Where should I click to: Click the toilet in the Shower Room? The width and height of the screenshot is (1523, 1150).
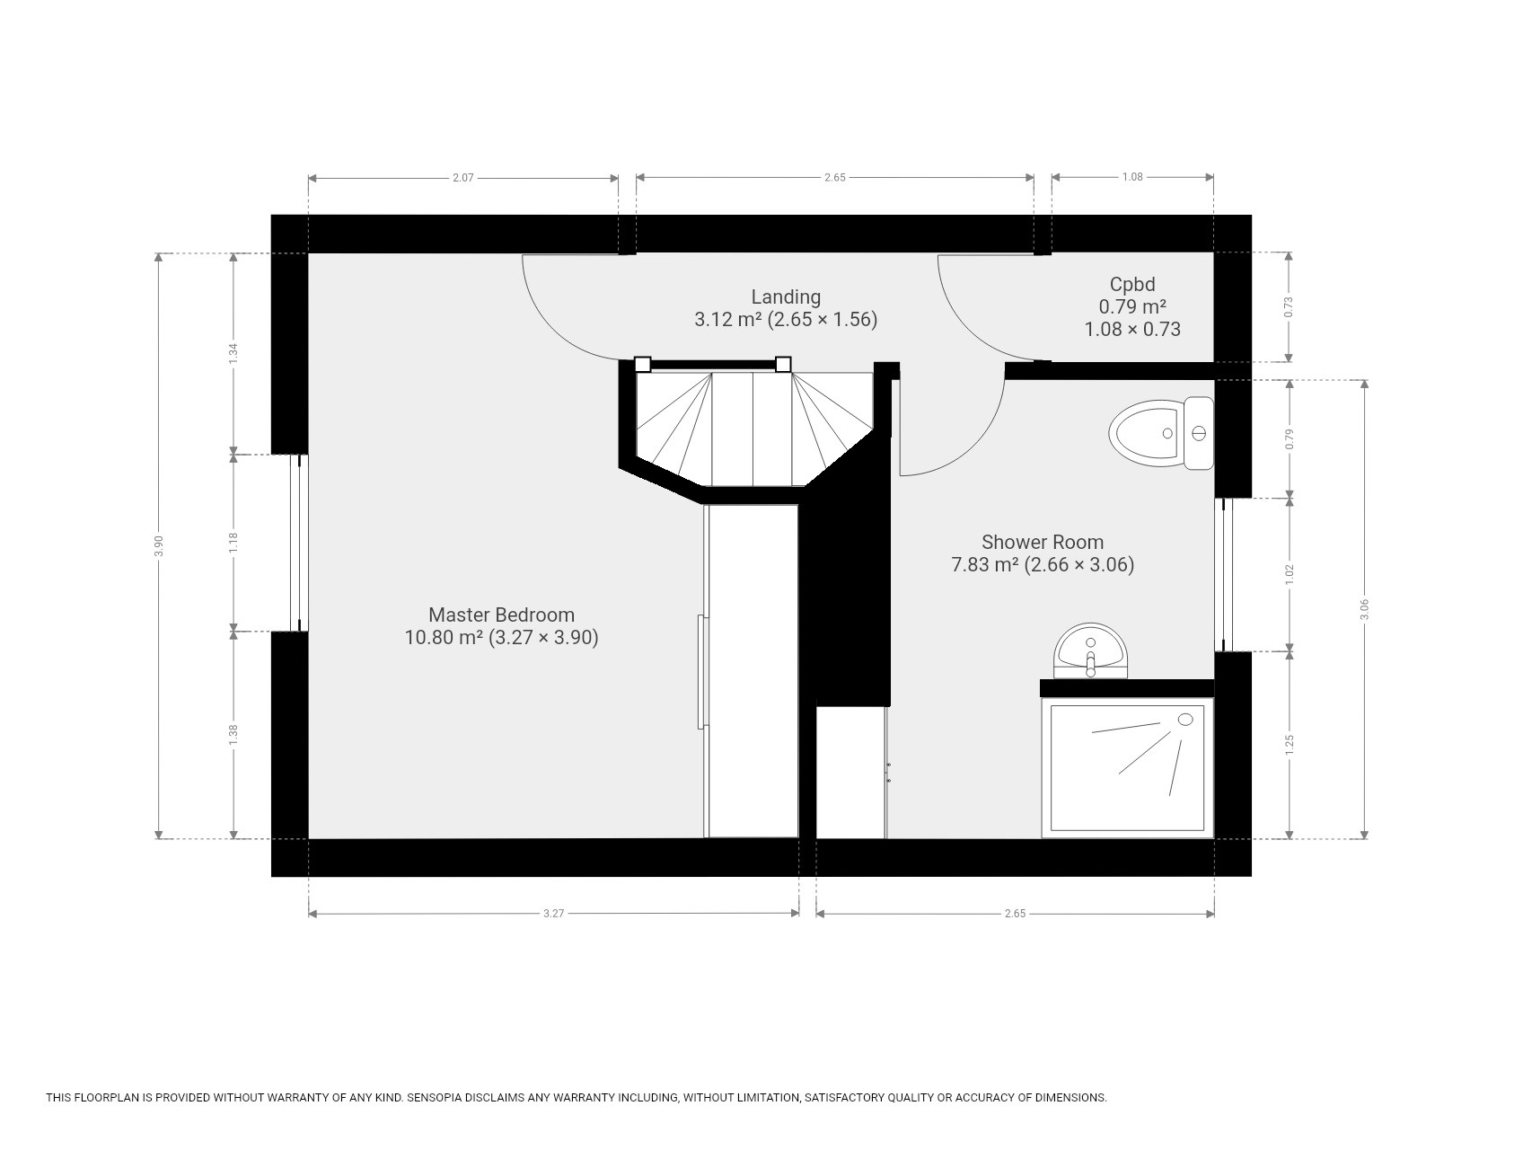1161,433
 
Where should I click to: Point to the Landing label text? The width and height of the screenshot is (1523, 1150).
786,296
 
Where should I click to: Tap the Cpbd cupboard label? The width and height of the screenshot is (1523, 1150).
1132,284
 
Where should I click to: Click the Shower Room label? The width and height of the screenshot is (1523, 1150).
1043,542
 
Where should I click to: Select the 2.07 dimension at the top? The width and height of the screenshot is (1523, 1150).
462,178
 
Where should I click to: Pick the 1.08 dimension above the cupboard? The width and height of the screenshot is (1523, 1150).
1132,177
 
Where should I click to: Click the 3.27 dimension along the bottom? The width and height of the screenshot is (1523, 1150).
553,914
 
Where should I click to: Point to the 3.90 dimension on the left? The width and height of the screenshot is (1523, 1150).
159,546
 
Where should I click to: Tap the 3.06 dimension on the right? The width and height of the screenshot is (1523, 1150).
1365,609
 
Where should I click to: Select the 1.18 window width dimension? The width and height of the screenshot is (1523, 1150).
233,543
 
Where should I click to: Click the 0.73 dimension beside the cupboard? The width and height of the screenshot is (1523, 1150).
1289,307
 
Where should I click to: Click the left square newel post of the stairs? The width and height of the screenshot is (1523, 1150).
642,364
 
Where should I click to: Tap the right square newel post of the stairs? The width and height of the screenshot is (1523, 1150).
783,364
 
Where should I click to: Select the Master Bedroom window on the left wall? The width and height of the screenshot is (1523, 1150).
299,543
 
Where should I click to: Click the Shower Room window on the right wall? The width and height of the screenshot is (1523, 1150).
1224,574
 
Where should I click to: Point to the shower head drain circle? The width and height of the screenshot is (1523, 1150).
1185,720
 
